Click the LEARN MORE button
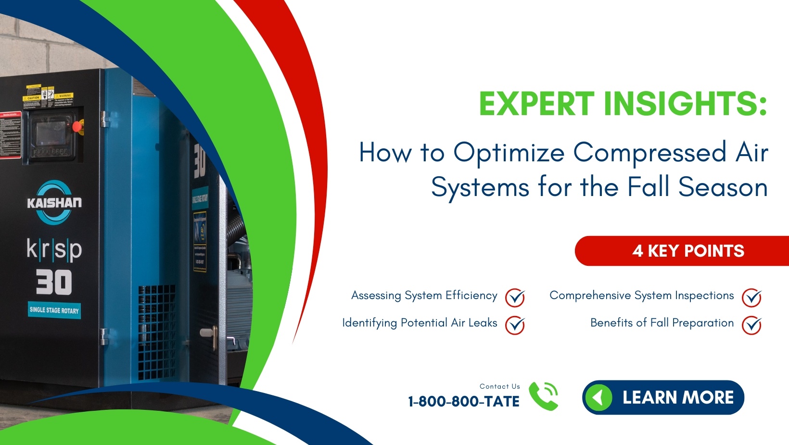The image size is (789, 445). [x=663, y=397]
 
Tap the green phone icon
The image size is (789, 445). [x=544, y=396]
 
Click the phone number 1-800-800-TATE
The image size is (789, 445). [x=463, y=401]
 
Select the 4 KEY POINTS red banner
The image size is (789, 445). [x=688, y=251]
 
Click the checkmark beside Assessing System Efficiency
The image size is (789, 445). [x=514, y=297]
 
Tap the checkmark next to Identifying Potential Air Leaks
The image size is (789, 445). [x=514, y=325]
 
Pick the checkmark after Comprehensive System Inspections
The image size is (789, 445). [x=751, y=297]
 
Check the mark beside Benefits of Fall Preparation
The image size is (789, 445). [x=751, y=325]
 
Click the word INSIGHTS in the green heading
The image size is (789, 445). [x=685, y=104]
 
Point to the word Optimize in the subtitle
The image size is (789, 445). [x=509, y=153]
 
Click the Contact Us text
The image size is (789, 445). [x=499, y=386]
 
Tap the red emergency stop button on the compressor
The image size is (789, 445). [x=76, y=127]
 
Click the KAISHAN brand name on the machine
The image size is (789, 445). [x=54, y=203]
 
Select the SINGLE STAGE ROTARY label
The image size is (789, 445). [x=54, y=310]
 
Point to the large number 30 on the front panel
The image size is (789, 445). [x=54, y=282]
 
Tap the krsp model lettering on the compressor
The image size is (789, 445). [x=54, y=249]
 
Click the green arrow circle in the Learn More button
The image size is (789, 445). [x=598, y=398]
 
